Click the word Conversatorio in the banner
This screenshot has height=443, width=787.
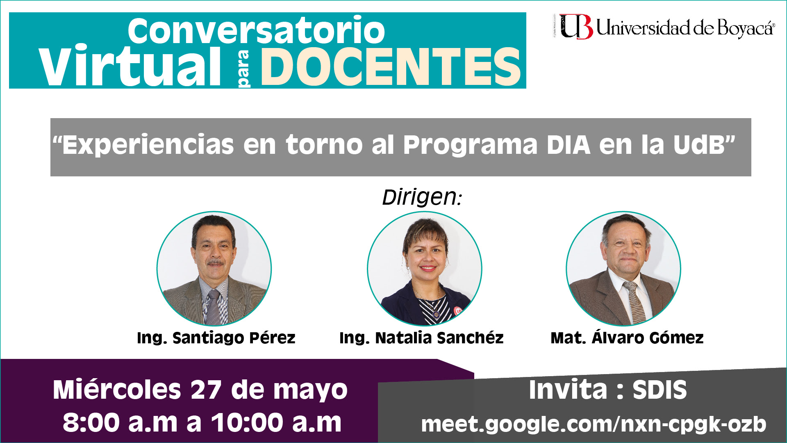point(256,30)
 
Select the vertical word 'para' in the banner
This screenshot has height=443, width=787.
point(244,69)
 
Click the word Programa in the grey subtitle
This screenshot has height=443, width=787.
point(470,145)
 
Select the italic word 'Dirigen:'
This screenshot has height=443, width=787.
point(422,197)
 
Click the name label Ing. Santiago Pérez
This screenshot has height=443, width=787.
point(216,338)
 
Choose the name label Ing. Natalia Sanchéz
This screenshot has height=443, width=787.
point(421,338)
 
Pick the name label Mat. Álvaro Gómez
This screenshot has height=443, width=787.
point(627,337)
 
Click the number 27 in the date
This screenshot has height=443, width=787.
point(206,390)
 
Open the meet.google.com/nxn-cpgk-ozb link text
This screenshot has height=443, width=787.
point(594,424)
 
